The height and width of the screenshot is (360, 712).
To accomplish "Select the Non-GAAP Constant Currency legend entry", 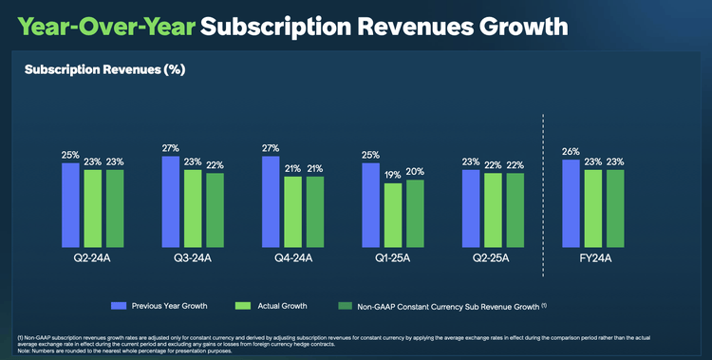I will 443,305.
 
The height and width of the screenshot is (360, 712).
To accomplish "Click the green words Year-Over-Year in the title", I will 105,25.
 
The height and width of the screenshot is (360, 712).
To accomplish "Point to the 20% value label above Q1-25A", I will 415,171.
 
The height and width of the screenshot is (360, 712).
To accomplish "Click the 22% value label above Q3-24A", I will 215,165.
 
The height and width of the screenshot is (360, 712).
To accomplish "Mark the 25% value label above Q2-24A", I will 70,155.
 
